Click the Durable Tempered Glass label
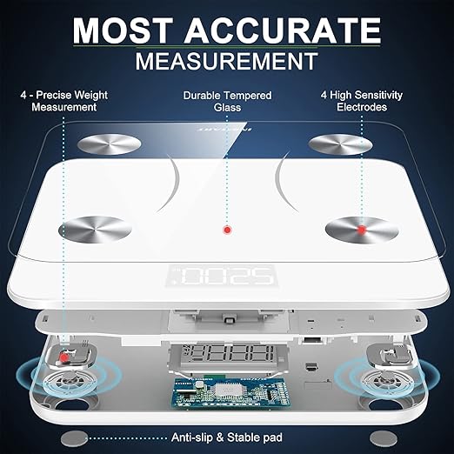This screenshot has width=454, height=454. [227, 101]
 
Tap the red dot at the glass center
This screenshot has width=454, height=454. [227, 230]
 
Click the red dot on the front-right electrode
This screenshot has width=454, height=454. [359, 230]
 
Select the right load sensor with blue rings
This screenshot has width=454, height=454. [386, 378]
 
